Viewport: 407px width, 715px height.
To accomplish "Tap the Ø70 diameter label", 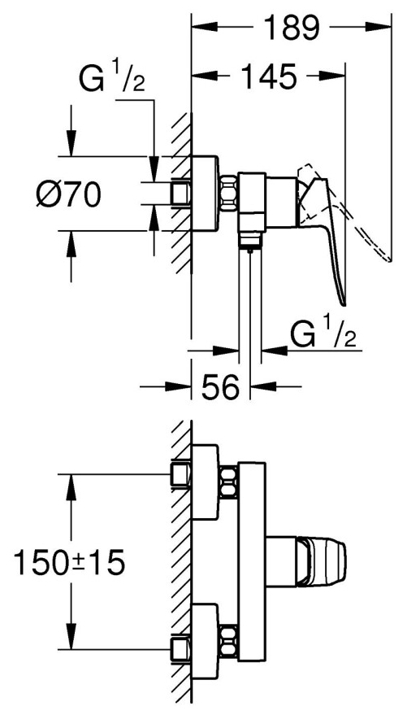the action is [69, 194].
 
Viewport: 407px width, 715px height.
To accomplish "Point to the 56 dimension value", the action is [221, 387].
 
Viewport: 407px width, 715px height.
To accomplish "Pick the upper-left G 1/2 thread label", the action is [112, 79].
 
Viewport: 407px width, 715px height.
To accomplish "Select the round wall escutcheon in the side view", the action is [205, 194].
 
